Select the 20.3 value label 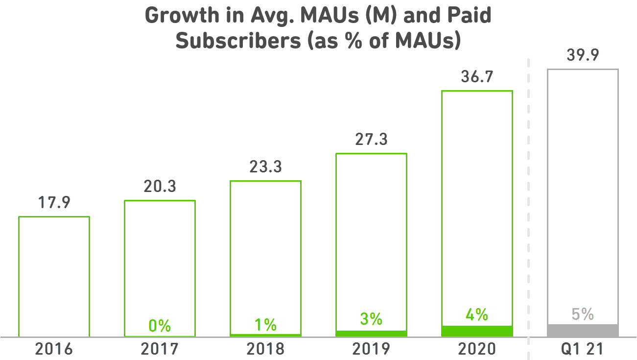tap(160, 187)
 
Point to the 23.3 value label tap(265, 168)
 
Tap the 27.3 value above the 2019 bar tap(371, 140)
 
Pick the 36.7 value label tap(477, 77)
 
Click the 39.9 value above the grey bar tap(583, 55)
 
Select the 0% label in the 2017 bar tap(160, 325)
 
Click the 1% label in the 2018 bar tap(265, 324)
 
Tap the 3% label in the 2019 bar tap(371, 319)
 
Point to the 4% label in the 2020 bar tap(477, 314)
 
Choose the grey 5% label tap(583, 314)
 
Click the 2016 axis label tap(54, 349)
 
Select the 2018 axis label tap(265, 349)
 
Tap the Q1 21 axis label tap(583, 349)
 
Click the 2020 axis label tap(477, 349)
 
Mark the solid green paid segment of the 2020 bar tap(477, 331)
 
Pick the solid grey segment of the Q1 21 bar tap(583, 331)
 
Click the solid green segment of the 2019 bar tap(371, 334)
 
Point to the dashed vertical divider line tap(529, 196)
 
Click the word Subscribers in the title tap(238, 41)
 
